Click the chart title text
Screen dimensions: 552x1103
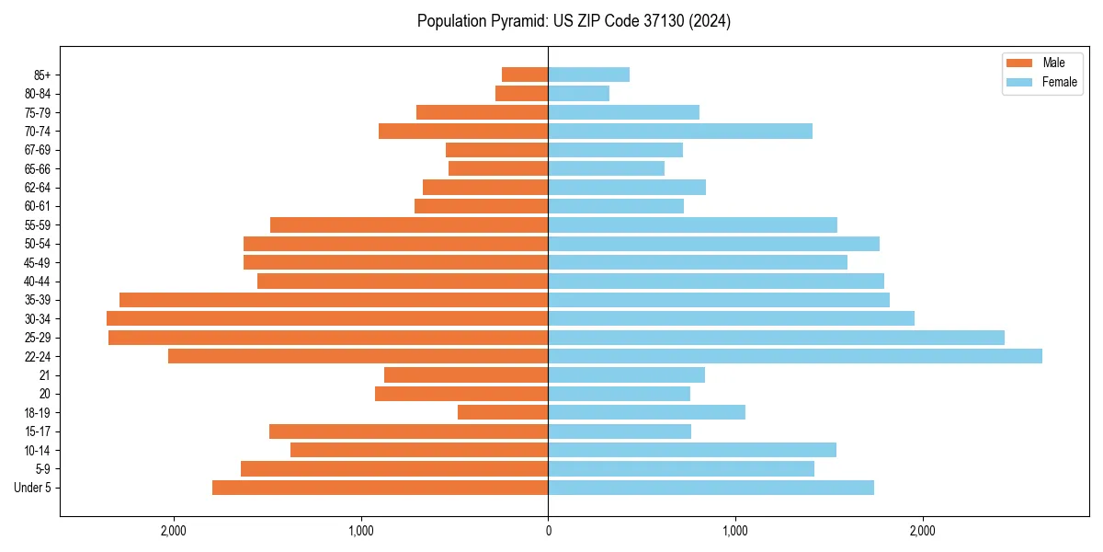574,21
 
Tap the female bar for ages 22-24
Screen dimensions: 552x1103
795,356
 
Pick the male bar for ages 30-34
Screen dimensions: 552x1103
327,318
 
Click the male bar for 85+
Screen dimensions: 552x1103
525,75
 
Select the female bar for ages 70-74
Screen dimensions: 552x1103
680,131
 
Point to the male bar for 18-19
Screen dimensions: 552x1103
503,412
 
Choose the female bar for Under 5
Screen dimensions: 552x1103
711,488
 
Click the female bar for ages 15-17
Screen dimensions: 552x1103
620,431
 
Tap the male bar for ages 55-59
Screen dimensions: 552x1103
409,224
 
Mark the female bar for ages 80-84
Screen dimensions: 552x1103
579,93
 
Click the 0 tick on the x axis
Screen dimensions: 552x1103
548,530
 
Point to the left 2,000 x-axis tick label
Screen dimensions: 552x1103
174,530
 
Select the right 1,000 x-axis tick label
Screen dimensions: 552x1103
735,530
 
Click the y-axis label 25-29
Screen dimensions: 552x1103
38,338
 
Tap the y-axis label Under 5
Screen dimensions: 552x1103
33,488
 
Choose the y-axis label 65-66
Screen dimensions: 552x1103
38,168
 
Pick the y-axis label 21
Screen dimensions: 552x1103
45,375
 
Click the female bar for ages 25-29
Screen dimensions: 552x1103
776,338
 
